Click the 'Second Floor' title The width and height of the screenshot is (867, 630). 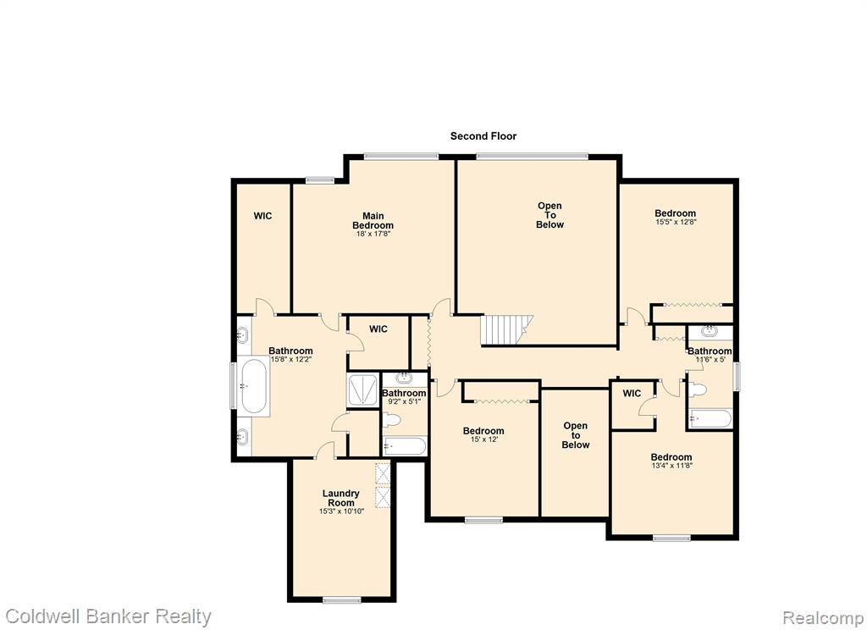tap(483, 136)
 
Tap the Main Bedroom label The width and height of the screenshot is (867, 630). tap(373, 221)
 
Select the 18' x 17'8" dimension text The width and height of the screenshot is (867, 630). tap(373, 234)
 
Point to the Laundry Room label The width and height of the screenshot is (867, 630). tap(341, 498)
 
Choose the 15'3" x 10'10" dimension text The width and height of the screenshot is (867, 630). tap(341, 511)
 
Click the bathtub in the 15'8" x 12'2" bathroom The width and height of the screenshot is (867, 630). tap(254, 386)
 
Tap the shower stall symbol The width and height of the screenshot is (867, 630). tap(362, 390)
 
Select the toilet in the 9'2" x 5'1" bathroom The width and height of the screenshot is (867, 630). tap(391, 420)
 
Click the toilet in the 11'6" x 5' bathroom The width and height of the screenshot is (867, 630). tap(698, 390)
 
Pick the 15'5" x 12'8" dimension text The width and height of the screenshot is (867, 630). tap(676, 222)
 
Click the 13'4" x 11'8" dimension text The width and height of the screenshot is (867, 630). tap(671, 466)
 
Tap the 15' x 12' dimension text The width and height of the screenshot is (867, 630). tap(483, 439)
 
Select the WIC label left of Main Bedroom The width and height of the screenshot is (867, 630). tap(262, 216)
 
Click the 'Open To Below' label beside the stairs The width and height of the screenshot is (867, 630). tap(549, 215)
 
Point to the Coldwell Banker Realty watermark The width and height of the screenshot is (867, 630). tap(108, 616)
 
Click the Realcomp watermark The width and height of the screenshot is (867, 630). tap(823, 617)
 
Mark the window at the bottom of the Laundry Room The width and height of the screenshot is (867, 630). tap(342, 600)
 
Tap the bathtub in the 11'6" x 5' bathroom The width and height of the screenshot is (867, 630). tap(710, 418)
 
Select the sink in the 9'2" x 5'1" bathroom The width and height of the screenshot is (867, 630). tap(405, 379)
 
